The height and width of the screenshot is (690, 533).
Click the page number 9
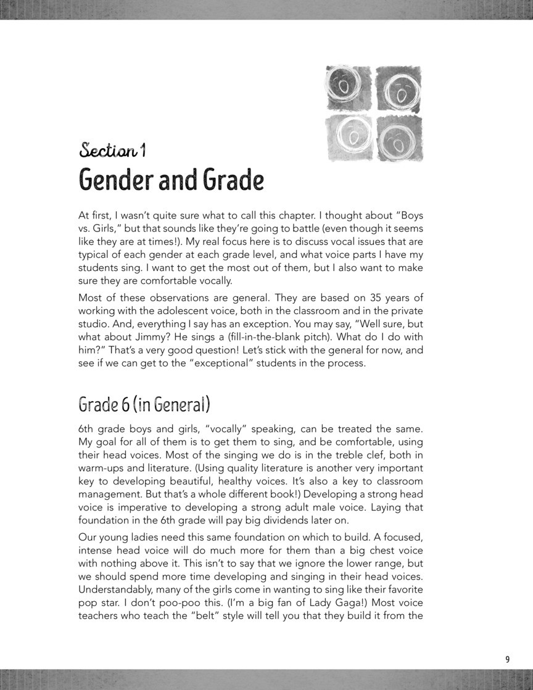point(508,659)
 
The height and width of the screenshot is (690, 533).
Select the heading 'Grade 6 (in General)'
point(144,405)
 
